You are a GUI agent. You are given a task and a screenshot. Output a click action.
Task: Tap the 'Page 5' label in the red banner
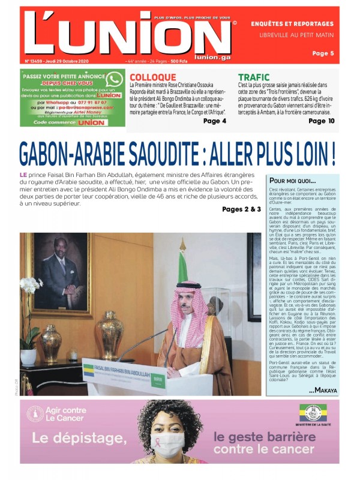point(323,53)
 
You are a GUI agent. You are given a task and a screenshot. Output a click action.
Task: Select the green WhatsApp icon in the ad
point(115,80)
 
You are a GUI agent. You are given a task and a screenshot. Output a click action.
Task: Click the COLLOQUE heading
point(153,77)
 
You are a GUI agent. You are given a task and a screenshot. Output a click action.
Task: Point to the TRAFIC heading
point(254,77)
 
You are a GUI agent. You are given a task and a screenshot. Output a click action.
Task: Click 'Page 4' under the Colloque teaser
point(215,121)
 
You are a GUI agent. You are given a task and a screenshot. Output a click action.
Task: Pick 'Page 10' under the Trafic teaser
point(322,121)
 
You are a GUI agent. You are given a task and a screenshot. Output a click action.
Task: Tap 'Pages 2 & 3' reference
point(241,209)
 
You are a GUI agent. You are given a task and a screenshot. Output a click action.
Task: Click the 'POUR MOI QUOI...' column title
point(293,181)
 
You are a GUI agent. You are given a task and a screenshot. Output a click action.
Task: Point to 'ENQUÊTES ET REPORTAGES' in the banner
point(292,24)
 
